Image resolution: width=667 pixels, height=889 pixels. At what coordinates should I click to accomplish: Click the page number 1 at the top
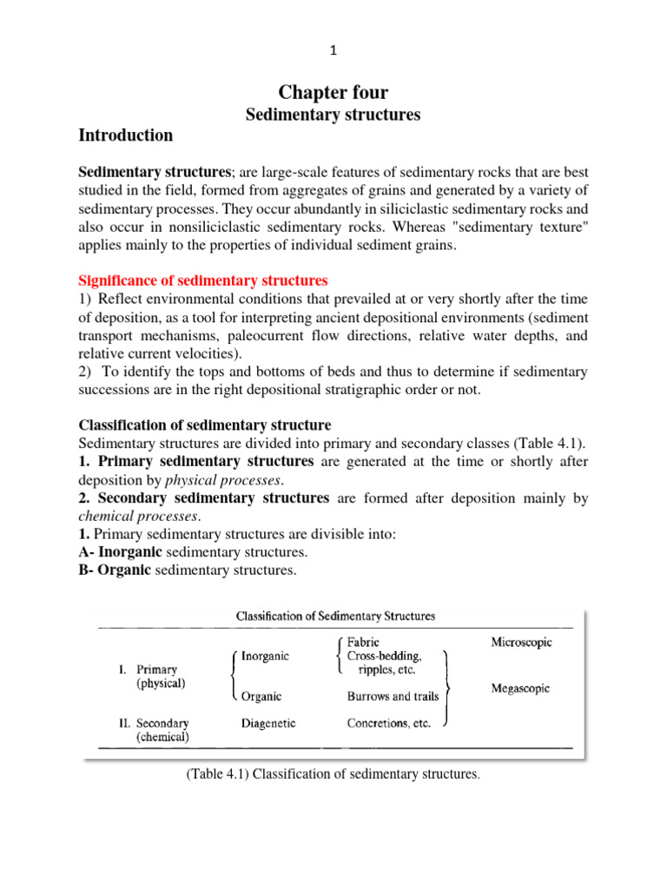[333, 51]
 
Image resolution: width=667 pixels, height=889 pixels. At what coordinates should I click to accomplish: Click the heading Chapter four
[334, 93]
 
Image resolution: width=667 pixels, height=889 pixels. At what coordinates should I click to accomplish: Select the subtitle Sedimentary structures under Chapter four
[333, 115]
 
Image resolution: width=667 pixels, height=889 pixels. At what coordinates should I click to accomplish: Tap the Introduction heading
[125, 135]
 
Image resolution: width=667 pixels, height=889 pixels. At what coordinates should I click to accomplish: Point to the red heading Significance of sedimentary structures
[203, 280]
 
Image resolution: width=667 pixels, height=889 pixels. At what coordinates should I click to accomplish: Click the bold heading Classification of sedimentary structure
[205, 425]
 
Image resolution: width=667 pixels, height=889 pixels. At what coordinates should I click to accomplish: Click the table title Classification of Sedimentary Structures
[336, 616]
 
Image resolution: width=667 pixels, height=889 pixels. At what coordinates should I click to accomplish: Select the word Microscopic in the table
[521, 643]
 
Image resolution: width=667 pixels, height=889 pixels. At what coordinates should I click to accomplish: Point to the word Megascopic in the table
[521, 689]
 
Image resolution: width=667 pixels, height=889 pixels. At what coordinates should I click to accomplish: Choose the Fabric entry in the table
[362, 643]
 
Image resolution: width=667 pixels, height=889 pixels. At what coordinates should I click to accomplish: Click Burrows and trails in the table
[392, 696]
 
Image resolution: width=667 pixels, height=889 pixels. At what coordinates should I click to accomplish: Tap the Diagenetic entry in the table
[268, 722]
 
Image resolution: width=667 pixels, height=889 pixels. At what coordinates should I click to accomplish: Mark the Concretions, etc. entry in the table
[388, 722]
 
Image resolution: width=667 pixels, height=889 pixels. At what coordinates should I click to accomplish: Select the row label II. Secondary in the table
[153, 722]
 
